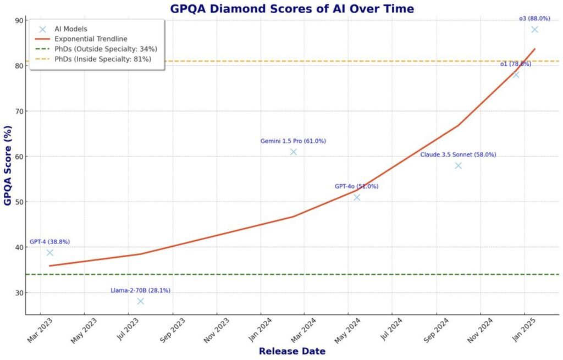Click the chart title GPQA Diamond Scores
(x=292, y=9)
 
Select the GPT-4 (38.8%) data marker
(x=50, y=253)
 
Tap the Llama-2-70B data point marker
(x=141, y=301)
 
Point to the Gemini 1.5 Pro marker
(x=294, y=152)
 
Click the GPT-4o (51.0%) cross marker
(x=357, y=197)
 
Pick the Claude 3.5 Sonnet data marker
(x=459, y=165)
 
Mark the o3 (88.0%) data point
(x=535, y=30)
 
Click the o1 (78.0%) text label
(x=515, y=64)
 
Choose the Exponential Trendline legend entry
(x=91, y=39)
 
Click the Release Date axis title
(x=292, y=351)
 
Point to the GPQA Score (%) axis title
(x=8, y=167)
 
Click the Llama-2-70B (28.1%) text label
(x=141, y=290)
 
